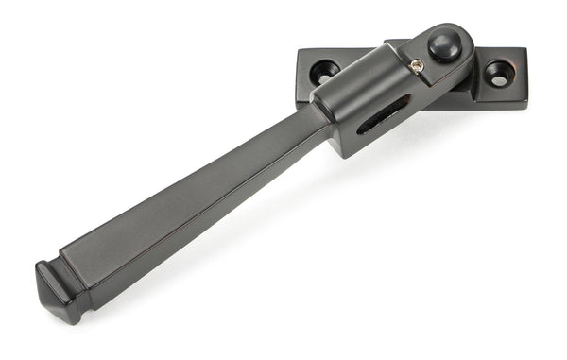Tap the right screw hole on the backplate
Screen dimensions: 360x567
pyautogui.click(x=497, y=75)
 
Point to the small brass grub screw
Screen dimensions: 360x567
pyautogui.click(x=416, y=64)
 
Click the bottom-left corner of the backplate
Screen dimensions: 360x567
pyautogui.click(x=297, y=86)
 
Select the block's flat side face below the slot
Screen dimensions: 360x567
pyautogui.click(x=369, y=137)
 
